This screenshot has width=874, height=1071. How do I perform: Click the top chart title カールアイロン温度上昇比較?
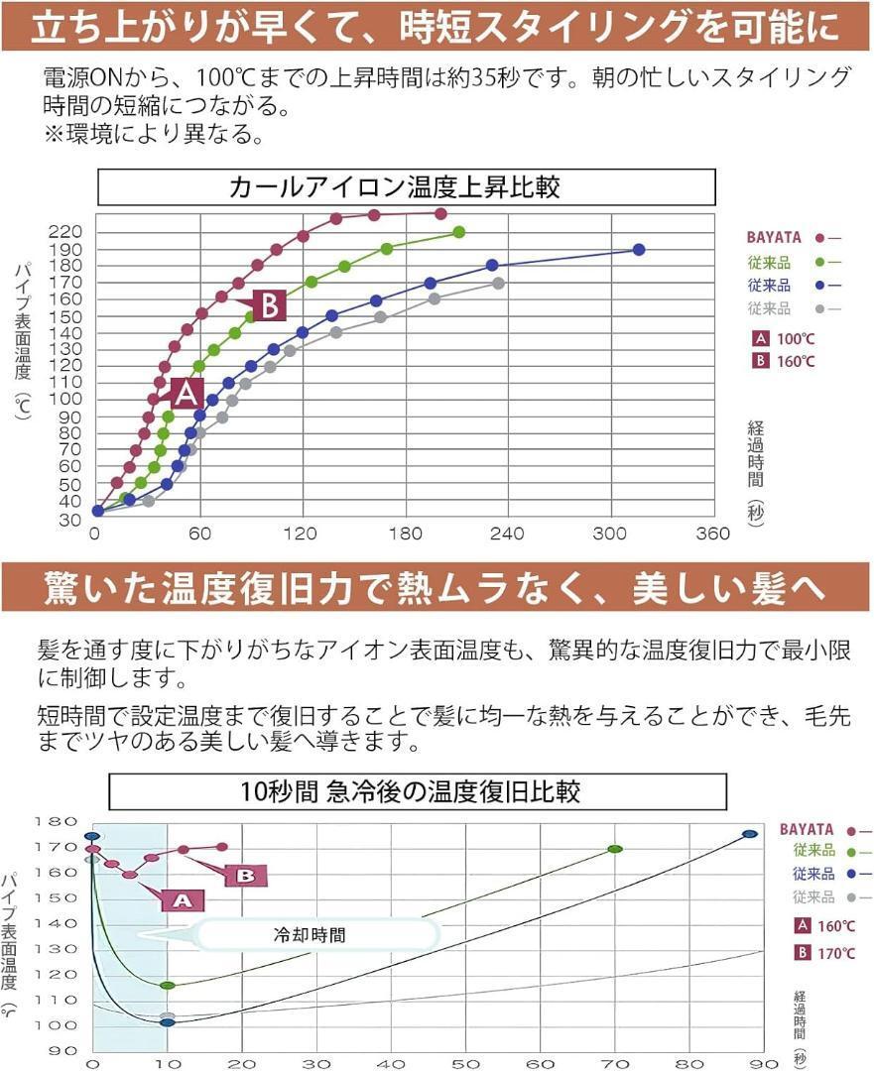coord(407,186)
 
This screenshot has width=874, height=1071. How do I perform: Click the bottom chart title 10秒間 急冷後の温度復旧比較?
coord(417,792)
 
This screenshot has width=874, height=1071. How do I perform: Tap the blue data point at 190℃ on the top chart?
coord(639,250)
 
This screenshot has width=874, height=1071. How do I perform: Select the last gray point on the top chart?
coord(498,284)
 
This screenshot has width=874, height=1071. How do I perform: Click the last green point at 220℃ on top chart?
coord(458,232)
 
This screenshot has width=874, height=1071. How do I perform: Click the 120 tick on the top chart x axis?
coord(301,534)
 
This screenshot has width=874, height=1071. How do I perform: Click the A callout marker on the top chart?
coord(187,394)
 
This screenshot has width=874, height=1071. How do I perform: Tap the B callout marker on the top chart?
coord(269,305)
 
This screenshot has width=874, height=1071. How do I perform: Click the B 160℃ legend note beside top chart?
coord(784,361)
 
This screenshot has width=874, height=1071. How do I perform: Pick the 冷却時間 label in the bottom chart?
coord(311,934)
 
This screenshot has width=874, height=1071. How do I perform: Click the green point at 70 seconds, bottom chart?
coord(614,849)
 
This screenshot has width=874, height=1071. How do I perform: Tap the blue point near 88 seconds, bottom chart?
coord(750,834)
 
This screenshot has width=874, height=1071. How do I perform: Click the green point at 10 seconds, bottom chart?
coord(167,985)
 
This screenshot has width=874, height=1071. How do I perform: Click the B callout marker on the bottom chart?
coord(246,875)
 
